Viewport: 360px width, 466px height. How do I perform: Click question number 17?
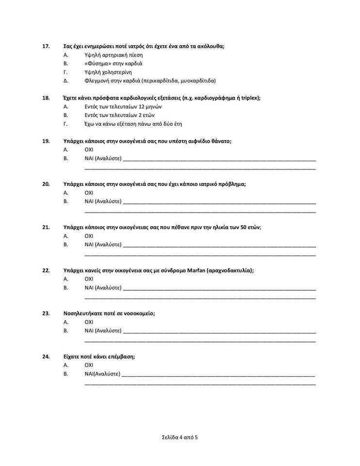46,46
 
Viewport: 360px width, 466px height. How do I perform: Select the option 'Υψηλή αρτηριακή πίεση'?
114,55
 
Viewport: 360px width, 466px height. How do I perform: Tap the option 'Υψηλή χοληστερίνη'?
108,72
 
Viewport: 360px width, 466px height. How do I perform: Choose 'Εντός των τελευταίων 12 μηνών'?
123,106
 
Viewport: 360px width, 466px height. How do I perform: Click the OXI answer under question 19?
89,150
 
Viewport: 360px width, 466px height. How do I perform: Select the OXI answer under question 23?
89,322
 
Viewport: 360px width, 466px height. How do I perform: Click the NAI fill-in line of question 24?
218,374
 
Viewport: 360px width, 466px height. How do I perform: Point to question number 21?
46,227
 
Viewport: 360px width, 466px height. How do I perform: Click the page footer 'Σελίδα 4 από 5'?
180,437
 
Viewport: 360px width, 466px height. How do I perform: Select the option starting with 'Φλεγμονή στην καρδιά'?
150,81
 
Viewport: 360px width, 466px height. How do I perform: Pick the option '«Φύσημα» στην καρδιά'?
113,64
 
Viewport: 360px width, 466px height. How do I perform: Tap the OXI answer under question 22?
89,279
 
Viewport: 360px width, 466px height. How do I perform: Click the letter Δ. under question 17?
65,81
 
